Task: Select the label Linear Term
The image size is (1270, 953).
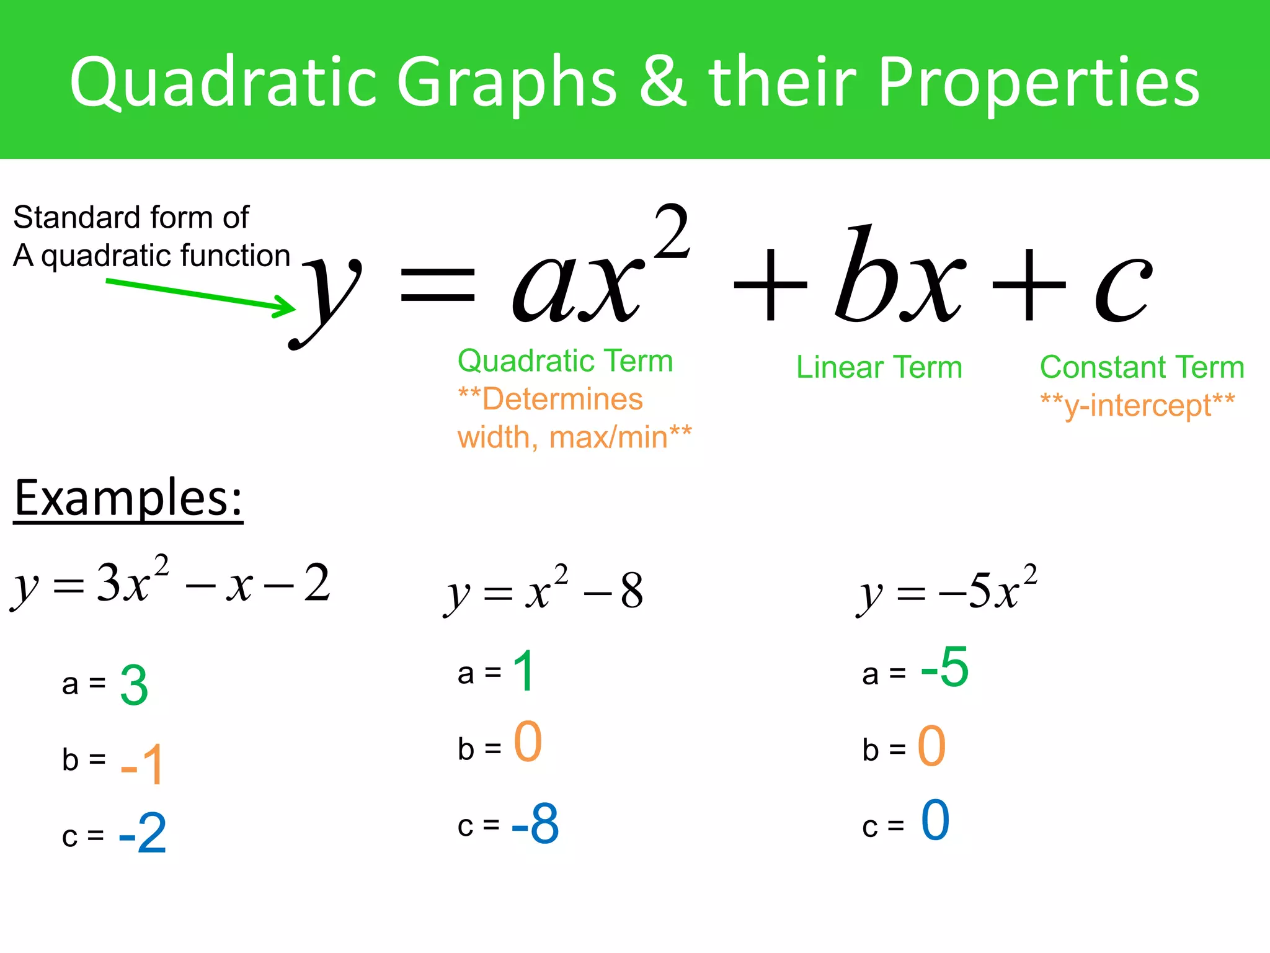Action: pyautogui.click(x=879, y=367)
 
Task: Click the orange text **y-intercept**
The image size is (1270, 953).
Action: pyautogui.click(x=1137, y=405)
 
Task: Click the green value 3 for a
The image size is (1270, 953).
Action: pyautogui.click(x=134, y=685)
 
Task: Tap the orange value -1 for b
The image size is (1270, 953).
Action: pyautogui.click(x=143, y=764)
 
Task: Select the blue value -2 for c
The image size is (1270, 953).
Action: pyautogui.click(x=143, y=833)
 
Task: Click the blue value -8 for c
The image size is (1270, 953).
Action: pyautogui.click(x=535, y=824)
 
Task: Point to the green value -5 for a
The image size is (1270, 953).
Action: pyautogui.click(x=944, y=667)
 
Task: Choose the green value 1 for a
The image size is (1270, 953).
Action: pyautogui.click(x=524, y=671)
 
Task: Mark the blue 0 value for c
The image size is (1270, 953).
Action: pyautogui.click(x=935, y=820)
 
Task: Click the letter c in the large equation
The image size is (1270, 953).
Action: pyautogui.click(x=1122, y=289)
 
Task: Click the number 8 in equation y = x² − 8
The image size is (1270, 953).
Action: pyautogui.click(x=631, y=591)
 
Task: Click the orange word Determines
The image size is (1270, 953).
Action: pyautogui.click(x=562, y=399)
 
